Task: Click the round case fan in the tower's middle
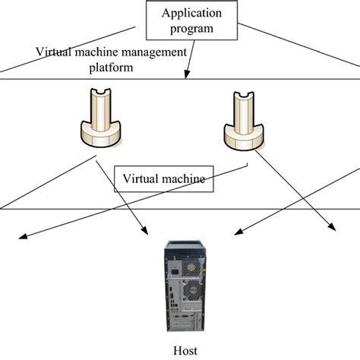191,292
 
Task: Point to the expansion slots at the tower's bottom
183,323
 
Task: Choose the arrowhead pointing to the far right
336,229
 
